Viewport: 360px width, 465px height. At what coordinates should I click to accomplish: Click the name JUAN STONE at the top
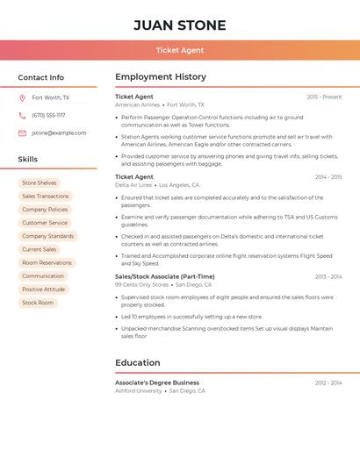tap(180, 25)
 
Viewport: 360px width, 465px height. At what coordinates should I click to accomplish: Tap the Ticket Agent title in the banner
tap(180, 51)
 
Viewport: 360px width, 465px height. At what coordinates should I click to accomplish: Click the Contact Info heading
tap(41, 77)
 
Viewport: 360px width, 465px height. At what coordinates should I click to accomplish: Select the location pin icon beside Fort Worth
tap(22, 97)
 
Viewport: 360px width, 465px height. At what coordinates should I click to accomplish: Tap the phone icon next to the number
tap(22, 115)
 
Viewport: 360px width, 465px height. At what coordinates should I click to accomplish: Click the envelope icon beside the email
tap(22, 133)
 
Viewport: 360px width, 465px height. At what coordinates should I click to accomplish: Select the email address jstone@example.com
tap(59, 133)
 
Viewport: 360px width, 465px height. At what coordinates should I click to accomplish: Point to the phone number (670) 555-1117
tap(48, 115)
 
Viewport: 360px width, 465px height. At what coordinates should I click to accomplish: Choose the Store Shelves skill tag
tap(40, 182)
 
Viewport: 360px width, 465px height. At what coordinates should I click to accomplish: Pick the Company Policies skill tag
tap(45, 210)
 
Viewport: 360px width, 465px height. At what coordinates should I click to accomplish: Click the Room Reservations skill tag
tap(47, 262)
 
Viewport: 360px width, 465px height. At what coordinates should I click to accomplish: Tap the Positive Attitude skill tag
tap(44, 290)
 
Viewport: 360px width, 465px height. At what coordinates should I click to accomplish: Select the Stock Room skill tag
tap(38, 303)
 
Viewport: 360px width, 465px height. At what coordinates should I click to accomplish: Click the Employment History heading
tap(161, 77)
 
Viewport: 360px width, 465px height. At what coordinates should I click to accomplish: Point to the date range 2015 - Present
tap(324, 97)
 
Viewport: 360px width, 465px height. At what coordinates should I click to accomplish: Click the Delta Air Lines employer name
tap(133, 185)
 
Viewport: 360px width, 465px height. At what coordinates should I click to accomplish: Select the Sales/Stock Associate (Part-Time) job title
tap(164, 276)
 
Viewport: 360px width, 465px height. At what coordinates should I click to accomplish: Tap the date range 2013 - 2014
tap(328, 276)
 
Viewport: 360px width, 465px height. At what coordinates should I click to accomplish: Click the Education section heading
tap(138, 362)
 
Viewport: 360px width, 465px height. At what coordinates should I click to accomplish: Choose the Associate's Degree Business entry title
tap(157, 383)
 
